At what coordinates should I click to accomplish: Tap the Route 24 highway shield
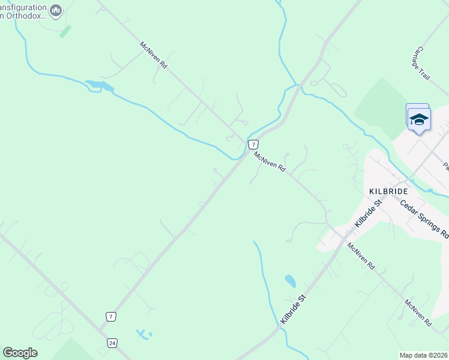[x=112, y=343]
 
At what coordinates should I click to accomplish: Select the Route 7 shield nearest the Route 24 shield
[x=110, y=316]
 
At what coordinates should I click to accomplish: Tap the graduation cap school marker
[x=418, y=119]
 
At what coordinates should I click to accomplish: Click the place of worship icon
[x=56, y=10]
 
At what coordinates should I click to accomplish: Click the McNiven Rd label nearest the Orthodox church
[x=153, y=55]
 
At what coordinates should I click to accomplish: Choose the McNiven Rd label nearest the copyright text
[x=418, y=313]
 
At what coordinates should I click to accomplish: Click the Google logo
[x=20, y=352]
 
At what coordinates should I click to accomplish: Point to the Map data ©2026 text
[x=424, y=355]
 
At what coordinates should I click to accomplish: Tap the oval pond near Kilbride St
[x=291, y=281]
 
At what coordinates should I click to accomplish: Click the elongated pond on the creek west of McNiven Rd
[x=100, y=85]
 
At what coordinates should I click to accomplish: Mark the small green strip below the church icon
[x=65, y=31]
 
